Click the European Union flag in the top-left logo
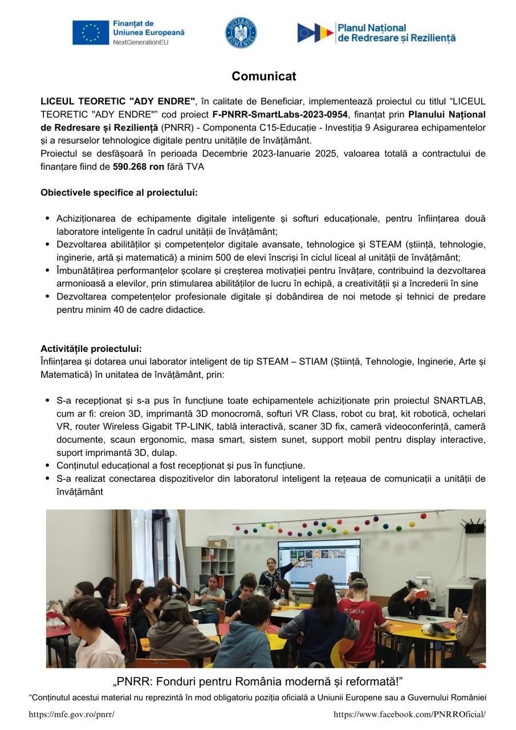90,33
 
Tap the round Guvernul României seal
241,33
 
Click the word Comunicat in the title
263,76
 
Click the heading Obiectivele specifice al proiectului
119,193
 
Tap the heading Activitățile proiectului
91,349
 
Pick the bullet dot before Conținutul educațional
48,465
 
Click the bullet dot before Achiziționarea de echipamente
48,219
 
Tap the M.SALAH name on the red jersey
355,610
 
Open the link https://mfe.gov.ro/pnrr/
72,715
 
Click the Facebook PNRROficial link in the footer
409,715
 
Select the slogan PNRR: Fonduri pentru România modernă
258,682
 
